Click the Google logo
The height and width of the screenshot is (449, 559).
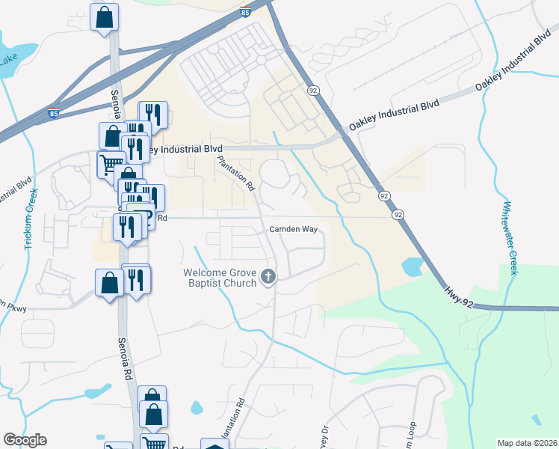point(25,440)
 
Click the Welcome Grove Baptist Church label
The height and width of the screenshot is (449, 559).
point(221,278)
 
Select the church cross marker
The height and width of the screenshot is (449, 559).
point(268,278)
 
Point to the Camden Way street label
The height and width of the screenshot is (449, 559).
point(294,229)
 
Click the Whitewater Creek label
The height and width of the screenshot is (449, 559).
point(509,238)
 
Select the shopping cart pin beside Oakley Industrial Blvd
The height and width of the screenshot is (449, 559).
point(111,164)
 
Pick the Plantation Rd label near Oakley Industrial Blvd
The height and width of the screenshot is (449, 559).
point(235,173)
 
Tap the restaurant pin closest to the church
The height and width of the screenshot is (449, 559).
point(135,280)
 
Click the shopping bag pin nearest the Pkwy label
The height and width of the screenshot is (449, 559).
point(109,284)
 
